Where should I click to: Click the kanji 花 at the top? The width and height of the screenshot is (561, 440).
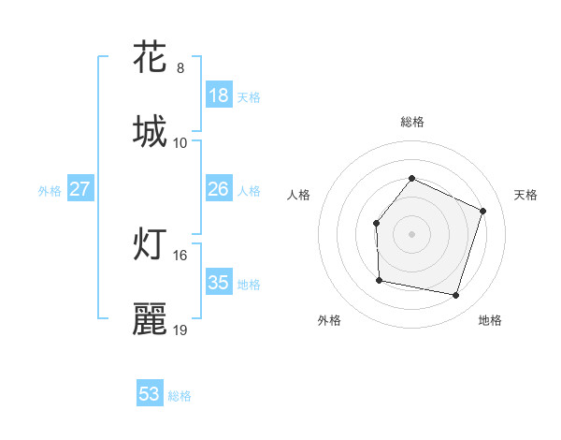(x=151, y=57)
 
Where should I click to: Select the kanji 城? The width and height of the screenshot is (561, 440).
(x=151, y=131)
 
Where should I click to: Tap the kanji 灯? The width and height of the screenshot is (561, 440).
(x=151, y=244)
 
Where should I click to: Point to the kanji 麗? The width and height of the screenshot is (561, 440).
(x=151, y=319)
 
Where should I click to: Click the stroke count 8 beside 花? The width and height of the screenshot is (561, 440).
(x=180, y=68)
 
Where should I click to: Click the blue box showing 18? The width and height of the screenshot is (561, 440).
(x=219, y=95)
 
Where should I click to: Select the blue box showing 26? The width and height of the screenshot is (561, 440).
(x=219, y=189)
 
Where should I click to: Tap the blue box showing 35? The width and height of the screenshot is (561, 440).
(x=219, y=283)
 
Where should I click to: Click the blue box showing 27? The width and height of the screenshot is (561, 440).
(x=80, y=189)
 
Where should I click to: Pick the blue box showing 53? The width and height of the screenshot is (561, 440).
(x=150, y=394)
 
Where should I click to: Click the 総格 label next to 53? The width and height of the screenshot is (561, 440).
(x=180, y=396)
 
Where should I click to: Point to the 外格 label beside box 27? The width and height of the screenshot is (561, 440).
(x=50, y=191)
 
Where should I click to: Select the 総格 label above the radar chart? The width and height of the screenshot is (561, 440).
(x=411, y=122)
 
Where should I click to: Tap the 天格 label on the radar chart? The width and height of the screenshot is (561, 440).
(x=525, y=195)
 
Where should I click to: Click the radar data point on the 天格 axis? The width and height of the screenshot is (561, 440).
(x=483, y=211)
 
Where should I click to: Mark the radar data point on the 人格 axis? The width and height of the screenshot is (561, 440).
(x=376, y=223)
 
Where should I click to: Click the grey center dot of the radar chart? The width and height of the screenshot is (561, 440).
(x=411, y=234)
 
